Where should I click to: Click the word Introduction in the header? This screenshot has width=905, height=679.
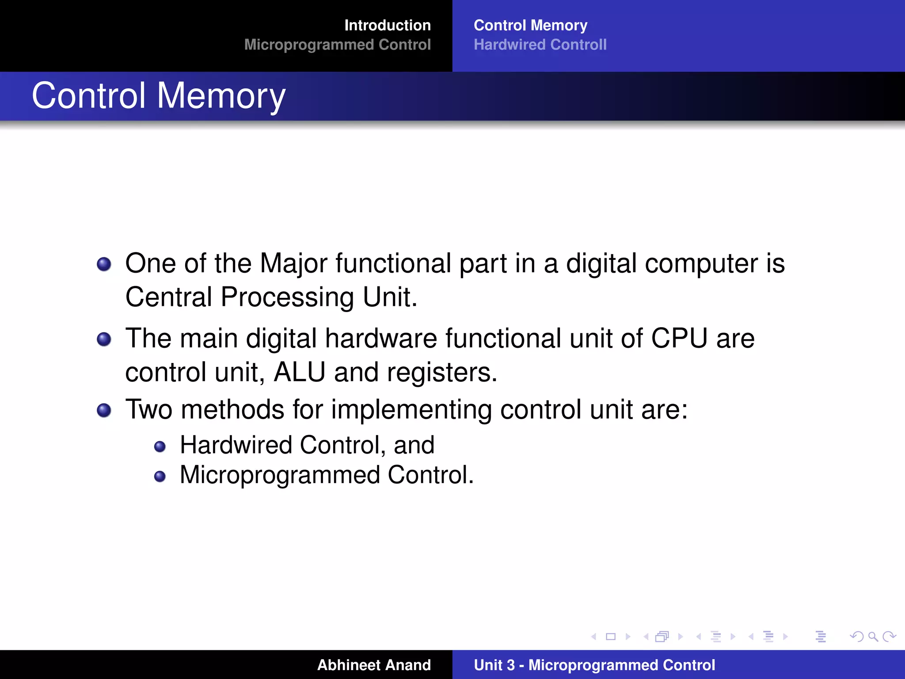tap(387, 25)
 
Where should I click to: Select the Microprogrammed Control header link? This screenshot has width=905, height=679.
tap(337, 45)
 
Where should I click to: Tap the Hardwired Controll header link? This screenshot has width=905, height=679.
tap(540, 45)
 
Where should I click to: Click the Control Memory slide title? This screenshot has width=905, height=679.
tap(159, 95)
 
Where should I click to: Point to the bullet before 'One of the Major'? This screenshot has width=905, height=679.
tap(104, 264)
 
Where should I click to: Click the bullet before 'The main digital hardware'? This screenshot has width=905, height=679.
tap(104, 339)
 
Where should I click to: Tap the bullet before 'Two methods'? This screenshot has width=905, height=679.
tap(104, 410)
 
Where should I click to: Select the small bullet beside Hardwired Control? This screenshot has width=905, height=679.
tap(160, 446)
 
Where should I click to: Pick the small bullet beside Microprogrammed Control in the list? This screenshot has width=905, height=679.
tap(160, 477)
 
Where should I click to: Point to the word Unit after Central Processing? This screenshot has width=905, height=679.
tap(389, 297)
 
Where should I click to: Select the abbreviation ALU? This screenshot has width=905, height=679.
tap(299, 372)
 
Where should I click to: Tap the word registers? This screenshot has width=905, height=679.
tap(442, 372)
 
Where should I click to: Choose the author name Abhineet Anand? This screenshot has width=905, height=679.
tap(374, 665)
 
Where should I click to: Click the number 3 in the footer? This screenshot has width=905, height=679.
tap(510, 665)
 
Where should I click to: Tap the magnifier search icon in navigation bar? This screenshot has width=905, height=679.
tap(873, 637)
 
